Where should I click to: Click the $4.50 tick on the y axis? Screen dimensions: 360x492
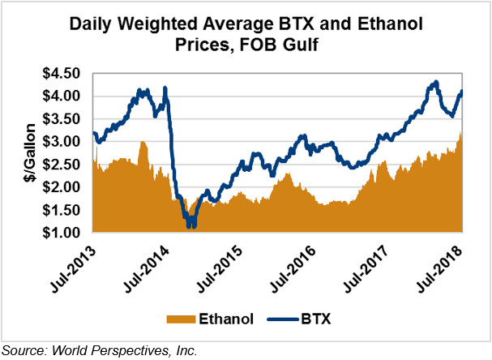point(63,74)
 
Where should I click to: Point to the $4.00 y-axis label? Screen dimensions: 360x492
point(63,96)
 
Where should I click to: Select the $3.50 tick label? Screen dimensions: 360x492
point(63,119)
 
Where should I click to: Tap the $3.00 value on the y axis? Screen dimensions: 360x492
point(63,142)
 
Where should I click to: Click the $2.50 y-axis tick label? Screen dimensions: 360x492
point(63,165)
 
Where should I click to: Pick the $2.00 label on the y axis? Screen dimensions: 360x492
point(63,187)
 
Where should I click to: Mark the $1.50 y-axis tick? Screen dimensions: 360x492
point(63,211)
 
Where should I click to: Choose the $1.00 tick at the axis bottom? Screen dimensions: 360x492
point(63,234)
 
